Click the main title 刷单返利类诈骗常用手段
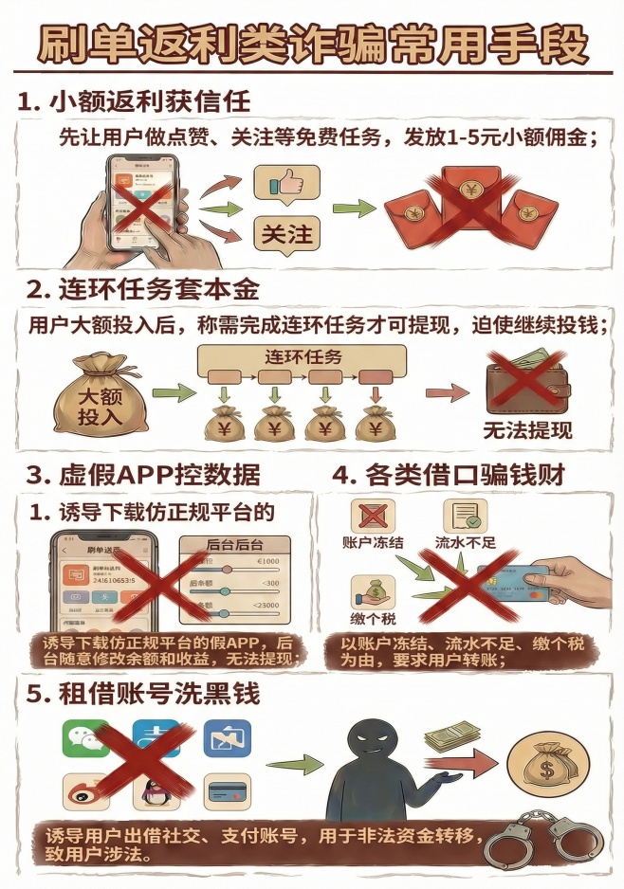[x=312, y=44]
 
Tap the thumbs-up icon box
[x=286, y=184]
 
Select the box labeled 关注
[x=286, y=232]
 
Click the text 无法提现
[x=527, y=430]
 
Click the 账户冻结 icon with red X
[x=373, y=517]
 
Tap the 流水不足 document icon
[x=465, y=517]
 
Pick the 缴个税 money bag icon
[x=373, y=591]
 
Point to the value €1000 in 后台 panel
[x=269, y=561]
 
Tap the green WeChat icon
[x=85, y=738]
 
